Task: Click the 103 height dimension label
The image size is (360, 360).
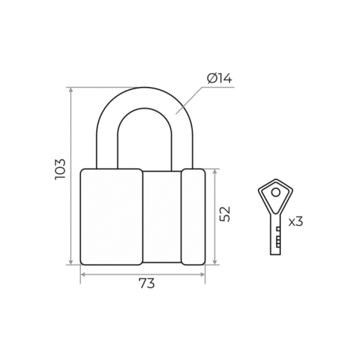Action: [60, 169]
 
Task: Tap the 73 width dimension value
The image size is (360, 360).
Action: [147, 283]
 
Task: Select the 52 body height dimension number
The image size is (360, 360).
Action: [225, 214]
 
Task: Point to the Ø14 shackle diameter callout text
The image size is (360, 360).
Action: [220, 79]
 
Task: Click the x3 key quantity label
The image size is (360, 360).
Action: [296, 222]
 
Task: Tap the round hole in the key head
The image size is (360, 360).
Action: [276, 192]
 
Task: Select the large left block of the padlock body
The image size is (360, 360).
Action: [112, 217]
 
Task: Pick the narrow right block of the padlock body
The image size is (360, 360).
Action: [193, 217]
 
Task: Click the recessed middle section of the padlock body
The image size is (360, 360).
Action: [162, 217]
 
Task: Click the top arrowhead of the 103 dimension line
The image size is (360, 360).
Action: [71, 90]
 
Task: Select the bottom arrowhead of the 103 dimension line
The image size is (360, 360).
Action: [71, 262]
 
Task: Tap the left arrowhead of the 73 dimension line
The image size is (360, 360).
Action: [83, 274]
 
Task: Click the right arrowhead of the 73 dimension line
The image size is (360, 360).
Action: [202, 274]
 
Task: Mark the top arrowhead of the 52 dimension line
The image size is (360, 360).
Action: [215, 172]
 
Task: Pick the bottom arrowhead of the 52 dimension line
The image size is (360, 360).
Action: [215, 262]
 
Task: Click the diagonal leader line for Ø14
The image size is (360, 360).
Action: [189, 101]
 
